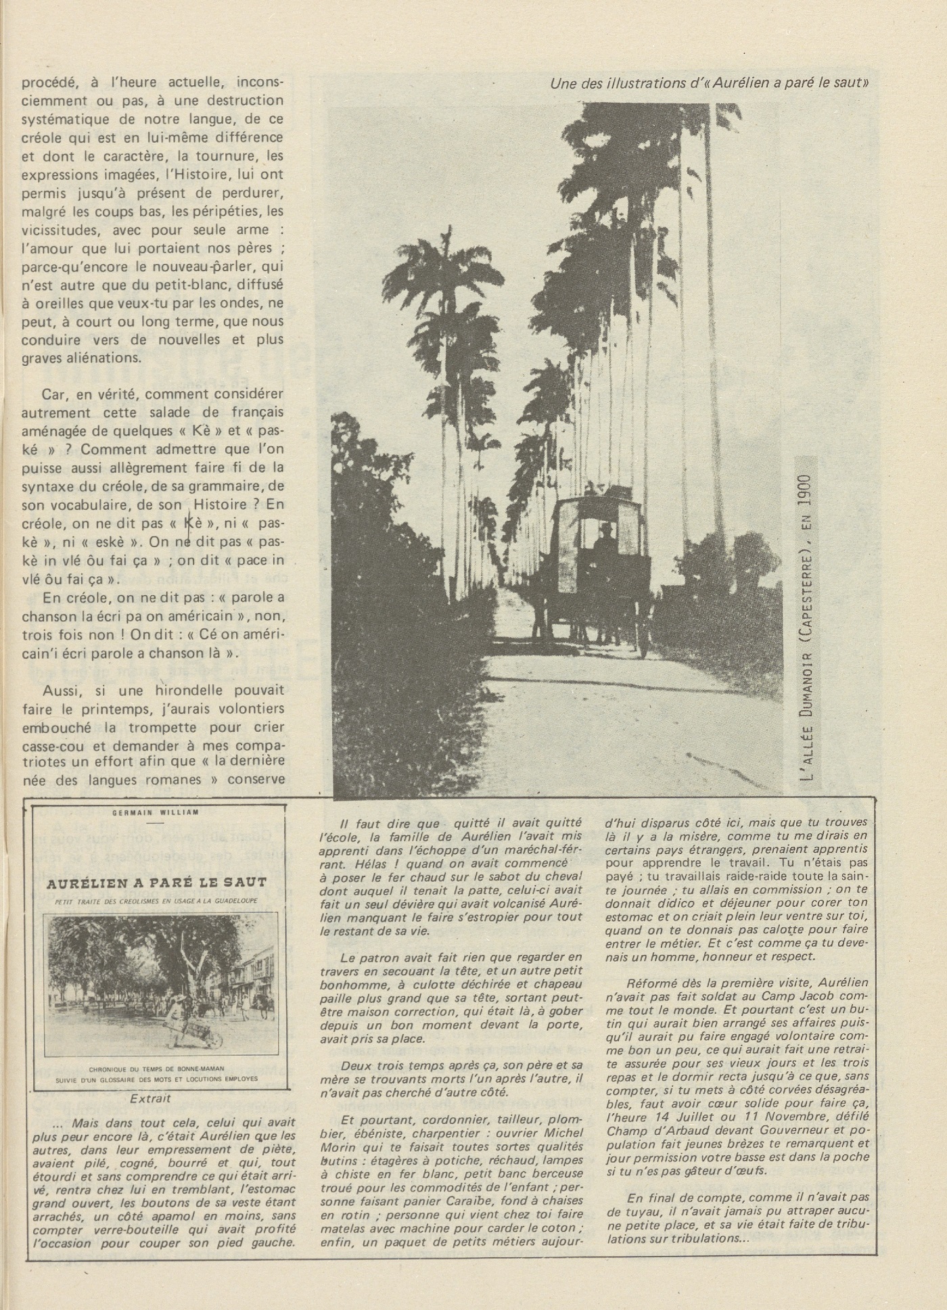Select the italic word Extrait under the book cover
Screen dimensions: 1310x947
click(x=150, y=1099)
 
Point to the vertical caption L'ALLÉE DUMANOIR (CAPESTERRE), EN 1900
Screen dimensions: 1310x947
click(x=806, y=619)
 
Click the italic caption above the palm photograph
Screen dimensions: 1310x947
click(x=710, y=84)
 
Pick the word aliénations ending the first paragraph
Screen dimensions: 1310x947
click(x=100, y=358)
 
